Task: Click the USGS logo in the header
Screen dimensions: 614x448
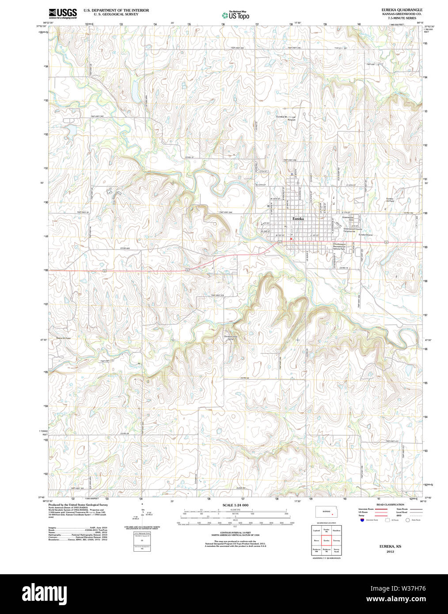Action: pos(63,13)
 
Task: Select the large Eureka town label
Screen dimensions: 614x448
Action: pos(298,219)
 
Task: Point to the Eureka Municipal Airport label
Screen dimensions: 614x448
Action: pos(286,118)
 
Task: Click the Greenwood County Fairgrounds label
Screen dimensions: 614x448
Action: pos(353,230)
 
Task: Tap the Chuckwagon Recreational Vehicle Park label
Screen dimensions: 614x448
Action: pos(342,247)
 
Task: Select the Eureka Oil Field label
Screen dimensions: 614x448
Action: pos(390,200)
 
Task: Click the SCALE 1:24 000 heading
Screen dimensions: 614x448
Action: pos(235,505)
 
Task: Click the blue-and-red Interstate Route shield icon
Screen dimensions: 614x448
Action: pos(362,520)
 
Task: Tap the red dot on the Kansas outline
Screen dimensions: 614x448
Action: pos(332,514)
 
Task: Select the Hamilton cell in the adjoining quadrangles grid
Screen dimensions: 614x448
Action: pos(336,531)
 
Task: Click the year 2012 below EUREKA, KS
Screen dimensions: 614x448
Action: pos(390,552)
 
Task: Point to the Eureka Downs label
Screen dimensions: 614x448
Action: pos(366,235)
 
